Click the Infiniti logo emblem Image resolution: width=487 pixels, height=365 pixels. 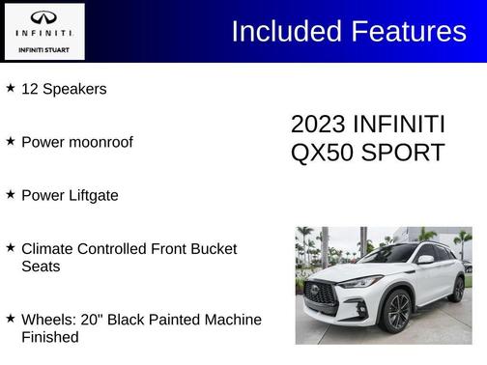(43, 16)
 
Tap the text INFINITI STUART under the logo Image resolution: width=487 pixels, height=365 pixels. (43, 48)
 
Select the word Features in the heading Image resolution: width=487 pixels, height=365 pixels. (408, 31)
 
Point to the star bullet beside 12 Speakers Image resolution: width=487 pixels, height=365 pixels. (11, 88)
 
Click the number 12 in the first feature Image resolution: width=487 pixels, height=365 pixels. (30, 89)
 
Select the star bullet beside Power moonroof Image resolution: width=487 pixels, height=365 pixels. (11, 141)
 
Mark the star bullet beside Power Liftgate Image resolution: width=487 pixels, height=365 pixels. (11, 194)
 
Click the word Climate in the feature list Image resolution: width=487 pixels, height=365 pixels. (48, 248)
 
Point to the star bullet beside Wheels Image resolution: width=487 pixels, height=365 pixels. (11, 318)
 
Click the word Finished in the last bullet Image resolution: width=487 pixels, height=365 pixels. (50, 337)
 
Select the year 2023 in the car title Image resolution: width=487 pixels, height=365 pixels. (318, 125)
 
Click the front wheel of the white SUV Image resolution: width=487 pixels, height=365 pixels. (396, 311)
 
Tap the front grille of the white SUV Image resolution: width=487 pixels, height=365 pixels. (320, 294)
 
